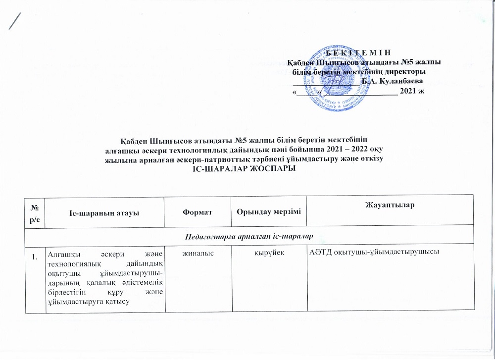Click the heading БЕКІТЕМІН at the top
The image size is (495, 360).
tap(362, 53)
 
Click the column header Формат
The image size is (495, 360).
tap(198, 211)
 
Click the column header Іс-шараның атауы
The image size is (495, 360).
tap(104, 212)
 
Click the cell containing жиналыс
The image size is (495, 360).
tap(198, 253)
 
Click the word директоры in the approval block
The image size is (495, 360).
tap(407, 71)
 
